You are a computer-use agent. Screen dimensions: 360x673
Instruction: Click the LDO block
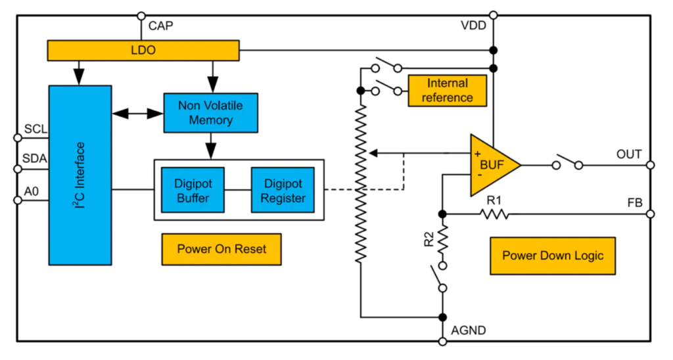(x=143, y=50)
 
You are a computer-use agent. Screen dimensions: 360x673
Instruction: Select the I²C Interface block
(x=80, y=175)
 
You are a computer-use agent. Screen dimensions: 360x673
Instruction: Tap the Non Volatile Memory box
(x=210, y=114)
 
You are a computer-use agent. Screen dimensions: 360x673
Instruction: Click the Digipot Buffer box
(x=193, y=190)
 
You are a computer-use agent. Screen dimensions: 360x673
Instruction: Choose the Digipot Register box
(x=282, y=190)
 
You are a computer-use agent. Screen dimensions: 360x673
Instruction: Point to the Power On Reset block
(x=221, y=250)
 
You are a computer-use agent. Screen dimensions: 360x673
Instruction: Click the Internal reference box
(x=448, y=91)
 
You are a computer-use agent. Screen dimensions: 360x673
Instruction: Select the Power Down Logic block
(x=553, y=256)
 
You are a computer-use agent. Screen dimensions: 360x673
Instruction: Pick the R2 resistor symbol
(x=442, y=240)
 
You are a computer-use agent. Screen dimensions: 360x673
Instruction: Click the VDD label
(x=473, y=27)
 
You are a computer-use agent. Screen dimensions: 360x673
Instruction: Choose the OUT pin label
(x=629, y=154)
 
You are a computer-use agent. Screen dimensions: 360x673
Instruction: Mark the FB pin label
(x=636, y=202)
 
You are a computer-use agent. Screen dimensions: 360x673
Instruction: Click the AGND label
(x=469, y=330)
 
